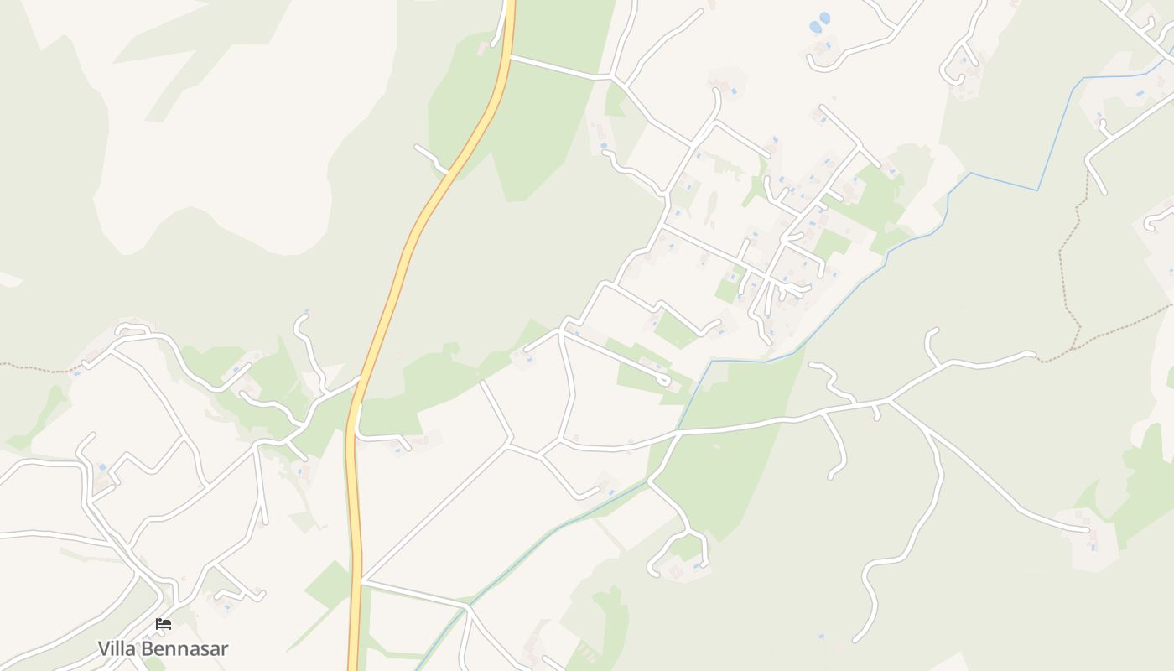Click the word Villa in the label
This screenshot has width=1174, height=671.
116,648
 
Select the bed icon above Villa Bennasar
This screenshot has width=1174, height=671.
164,624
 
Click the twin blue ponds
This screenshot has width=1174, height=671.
819,23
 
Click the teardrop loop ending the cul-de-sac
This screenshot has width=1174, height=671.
664,381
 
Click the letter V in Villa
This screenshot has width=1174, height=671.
104,648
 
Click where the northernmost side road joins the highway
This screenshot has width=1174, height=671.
510,57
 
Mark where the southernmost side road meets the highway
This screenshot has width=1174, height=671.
361,580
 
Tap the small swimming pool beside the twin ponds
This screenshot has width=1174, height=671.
829,44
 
